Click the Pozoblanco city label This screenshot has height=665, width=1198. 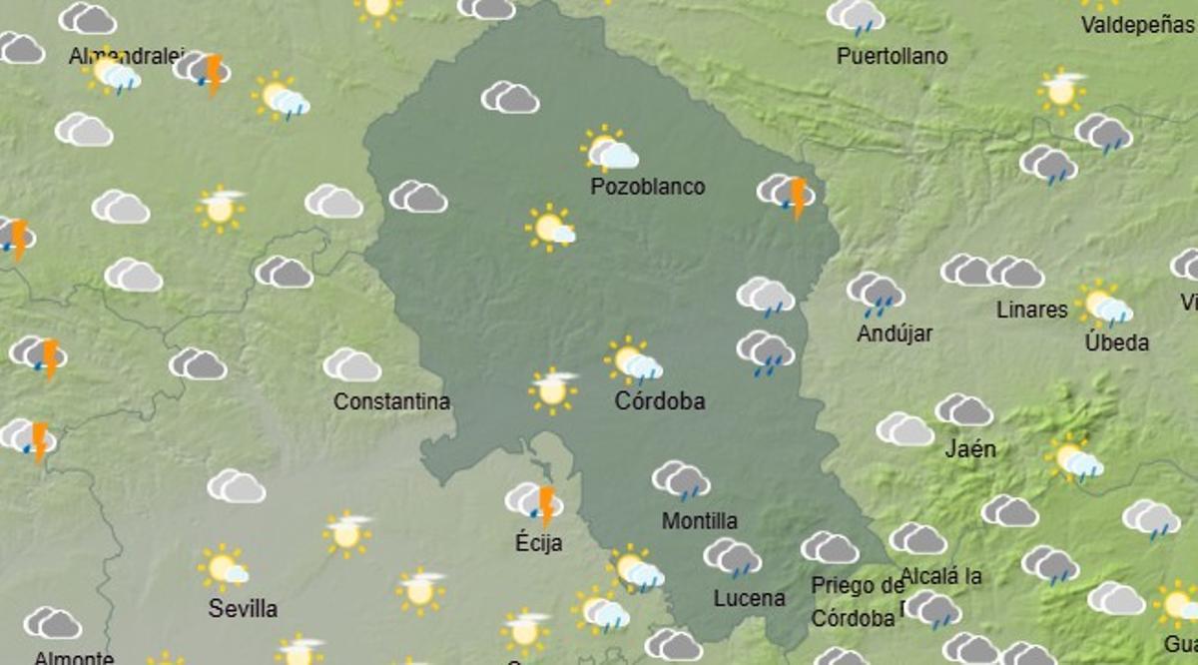point(647,187)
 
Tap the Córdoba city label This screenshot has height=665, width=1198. point(660,401)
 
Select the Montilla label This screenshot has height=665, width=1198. point(700,520)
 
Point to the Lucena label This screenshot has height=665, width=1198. point(749,598)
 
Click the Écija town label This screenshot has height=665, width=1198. point(539,543)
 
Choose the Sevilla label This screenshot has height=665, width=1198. point(243,608)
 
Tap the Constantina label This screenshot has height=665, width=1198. point(391,401)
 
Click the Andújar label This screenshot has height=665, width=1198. point(895,333)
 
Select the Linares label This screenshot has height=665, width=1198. point(1031,310)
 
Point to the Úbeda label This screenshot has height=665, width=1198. point(1116,342)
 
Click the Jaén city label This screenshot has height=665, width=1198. point(970,448)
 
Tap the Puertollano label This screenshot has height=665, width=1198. point(892,56)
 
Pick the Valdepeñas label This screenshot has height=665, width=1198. point(1137,25)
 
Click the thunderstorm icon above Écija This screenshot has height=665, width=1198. point(534,501)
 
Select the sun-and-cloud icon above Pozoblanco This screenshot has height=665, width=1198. point(609,151)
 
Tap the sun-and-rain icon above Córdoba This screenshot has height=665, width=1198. point(633,361)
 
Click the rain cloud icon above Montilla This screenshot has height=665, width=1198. point(681,480)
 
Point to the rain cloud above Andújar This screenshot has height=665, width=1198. point(876,291)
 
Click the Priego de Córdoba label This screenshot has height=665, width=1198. point(857,602)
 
